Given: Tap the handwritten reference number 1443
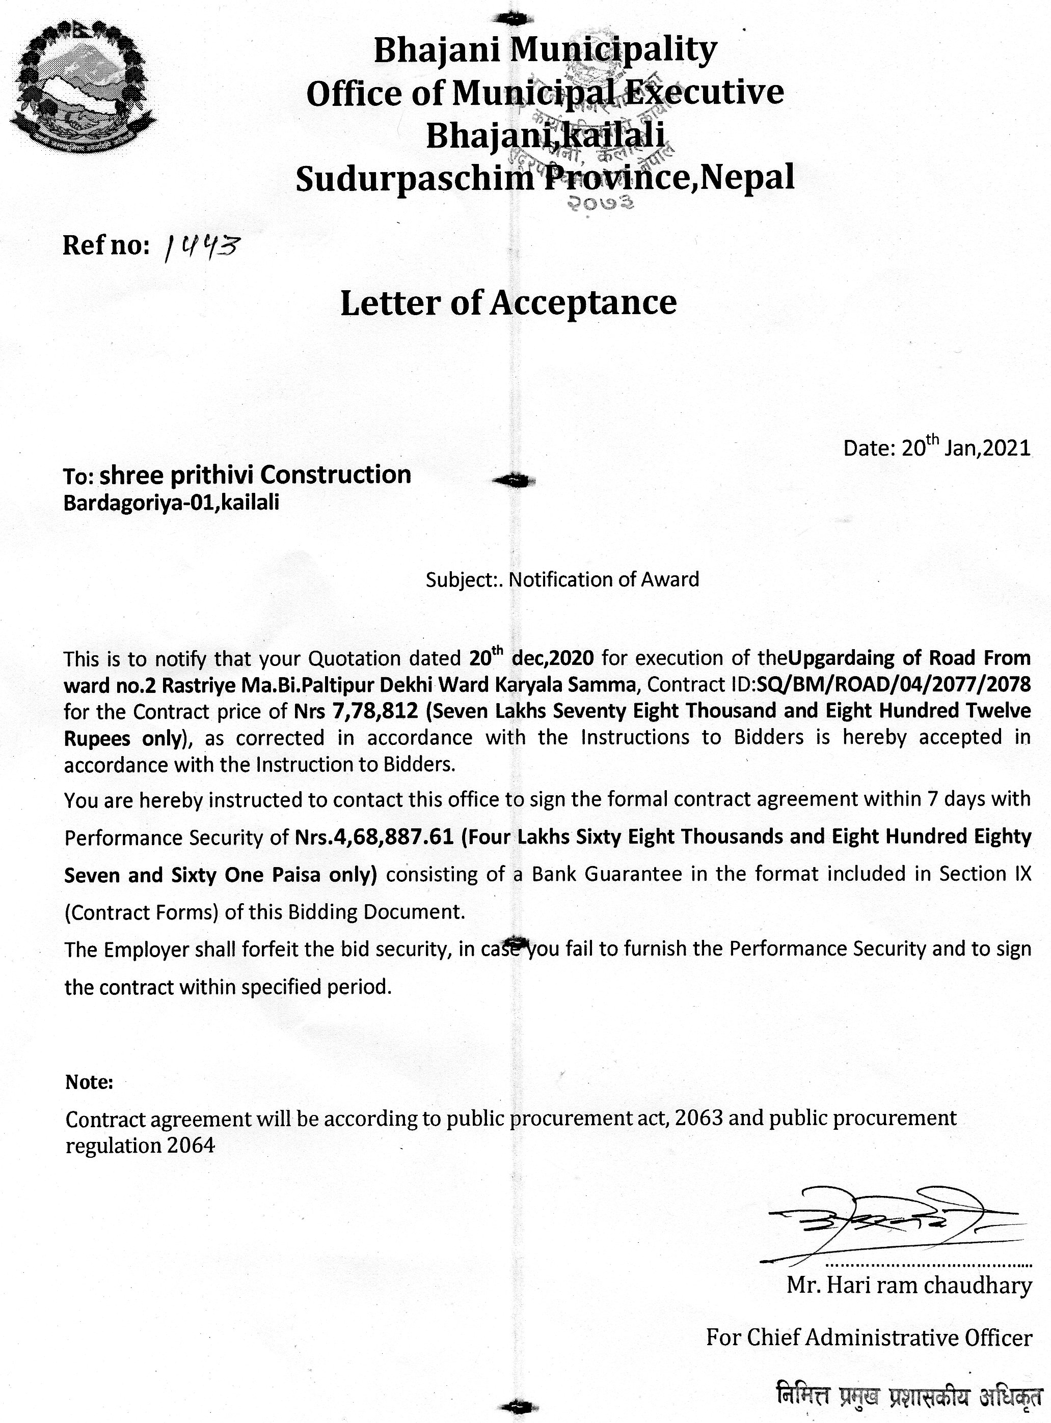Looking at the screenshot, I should click(200, 245).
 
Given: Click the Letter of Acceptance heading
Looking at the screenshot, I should click(508, 302).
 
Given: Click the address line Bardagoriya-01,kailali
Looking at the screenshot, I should click(171, 503).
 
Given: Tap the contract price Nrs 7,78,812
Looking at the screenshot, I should click(356, 711).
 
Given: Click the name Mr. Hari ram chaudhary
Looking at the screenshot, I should click(909, 1285).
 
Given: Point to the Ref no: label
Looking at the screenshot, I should click(105, 245).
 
